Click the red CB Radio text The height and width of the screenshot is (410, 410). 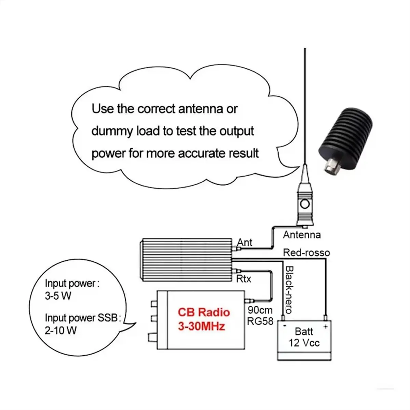click(x=204, y=312)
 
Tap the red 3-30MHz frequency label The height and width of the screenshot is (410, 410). click(x=201, y=326)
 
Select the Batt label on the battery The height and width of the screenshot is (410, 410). click(x=304, y=331)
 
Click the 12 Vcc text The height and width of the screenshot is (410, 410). click(x=304, y=343)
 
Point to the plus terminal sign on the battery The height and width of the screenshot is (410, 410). click(x=325, y=327)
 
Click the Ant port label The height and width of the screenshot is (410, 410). click(x=245, y=242)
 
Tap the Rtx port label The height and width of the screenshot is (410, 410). click(x=244, y=279)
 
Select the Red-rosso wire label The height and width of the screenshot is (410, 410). click(x=306, y=253)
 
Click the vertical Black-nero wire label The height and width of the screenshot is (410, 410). click(x=289, y=290)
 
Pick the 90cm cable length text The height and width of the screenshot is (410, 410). click(x=260, y=310)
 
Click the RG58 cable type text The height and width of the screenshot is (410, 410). click(x=260, y=321)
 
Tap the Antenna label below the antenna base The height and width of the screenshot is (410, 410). click(x=302, y=235)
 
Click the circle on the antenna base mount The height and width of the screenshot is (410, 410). click(x=304, y=205)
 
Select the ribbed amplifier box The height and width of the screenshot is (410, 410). click(x=186, y=260)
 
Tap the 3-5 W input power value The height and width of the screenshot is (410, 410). click(x=58, y=296)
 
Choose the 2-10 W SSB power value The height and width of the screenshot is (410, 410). click(x=60, y=330)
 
